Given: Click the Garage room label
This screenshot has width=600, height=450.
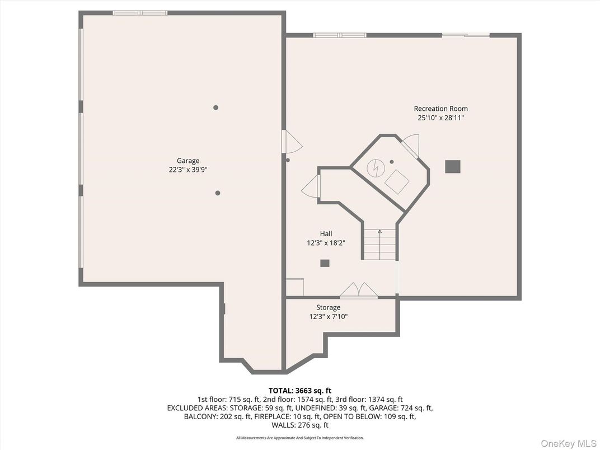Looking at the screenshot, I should (188, 161).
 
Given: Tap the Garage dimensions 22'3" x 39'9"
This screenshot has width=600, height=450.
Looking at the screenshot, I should (188, 170).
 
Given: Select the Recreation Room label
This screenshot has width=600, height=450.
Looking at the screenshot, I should (440, 109).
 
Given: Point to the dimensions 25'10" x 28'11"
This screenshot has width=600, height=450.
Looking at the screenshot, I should (440, 118).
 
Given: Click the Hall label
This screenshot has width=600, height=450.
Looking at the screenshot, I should (326, 234).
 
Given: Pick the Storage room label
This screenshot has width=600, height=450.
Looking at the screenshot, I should (328, 307).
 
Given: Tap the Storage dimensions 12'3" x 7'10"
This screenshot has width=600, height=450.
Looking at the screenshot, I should (328, 316).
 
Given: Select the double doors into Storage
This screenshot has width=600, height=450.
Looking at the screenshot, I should (359, 290).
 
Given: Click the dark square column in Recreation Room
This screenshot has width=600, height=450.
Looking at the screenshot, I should (452, 166).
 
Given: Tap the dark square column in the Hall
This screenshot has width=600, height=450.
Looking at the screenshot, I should (325, 263).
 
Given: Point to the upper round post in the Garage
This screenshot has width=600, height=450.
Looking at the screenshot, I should (215, 107).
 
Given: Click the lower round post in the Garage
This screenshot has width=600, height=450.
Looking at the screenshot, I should (218, 193).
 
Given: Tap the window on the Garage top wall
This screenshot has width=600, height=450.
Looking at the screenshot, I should (139, 13).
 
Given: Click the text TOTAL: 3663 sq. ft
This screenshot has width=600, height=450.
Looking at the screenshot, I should (299, 390).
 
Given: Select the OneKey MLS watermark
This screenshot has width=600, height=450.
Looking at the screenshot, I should (568, 443).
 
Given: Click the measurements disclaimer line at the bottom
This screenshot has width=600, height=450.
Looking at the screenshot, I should (299, 438).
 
